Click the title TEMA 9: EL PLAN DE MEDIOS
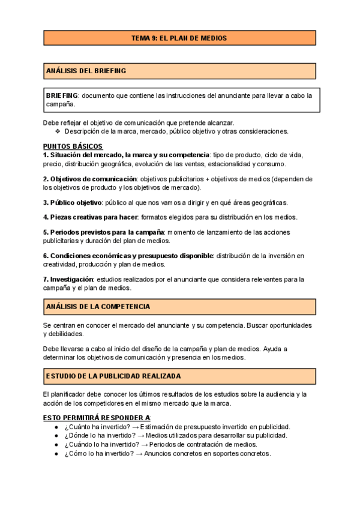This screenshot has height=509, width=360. click(x=179, y=38)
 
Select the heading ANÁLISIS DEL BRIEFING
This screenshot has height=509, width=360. click(x=86, y=71)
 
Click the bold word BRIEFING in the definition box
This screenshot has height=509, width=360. click(x=62, y=95)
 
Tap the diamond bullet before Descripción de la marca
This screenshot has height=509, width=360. click(x=58, y=131)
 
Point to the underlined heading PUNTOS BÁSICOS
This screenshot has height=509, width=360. click(x=73, y=146)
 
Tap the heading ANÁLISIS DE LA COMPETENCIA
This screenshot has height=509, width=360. click(x=98, y=307)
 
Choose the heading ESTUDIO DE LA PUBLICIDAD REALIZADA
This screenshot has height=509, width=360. click(x=113, y=376)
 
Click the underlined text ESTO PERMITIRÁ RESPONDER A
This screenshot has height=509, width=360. click(x=97, y=417)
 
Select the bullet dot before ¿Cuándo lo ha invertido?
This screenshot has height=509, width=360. click(x=56, y=445)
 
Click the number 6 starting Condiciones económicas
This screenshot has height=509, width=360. click(x=45, y=256)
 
